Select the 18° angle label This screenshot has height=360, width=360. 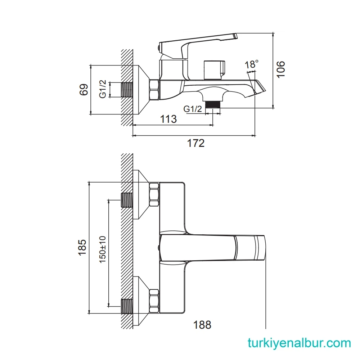click(x=252, y=64)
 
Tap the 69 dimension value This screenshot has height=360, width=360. click(x=84, y=90)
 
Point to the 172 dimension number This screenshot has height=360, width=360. click(x=196, y=143)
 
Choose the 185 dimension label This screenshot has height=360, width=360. click(x=82, y=247)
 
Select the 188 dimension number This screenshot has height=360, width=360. click(x=202, y=325)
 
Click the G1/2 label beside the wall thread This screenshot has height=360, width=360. click(x=103, y=89)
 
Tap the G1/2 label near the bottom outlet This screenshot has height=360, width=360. click(x=193, y=109)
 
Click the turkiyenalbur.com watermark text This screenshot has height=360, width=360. click(x=299, y=343)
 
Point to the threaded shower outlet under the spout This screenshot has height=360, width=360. click(x=213, y=105)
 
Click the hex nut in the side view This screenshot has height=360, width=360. click(x=154, y=90)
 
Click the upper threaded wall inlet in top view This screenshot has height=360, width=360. click(x=126, y=200)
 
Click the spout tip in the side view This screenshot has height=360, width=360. click(x=260, y=87)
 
